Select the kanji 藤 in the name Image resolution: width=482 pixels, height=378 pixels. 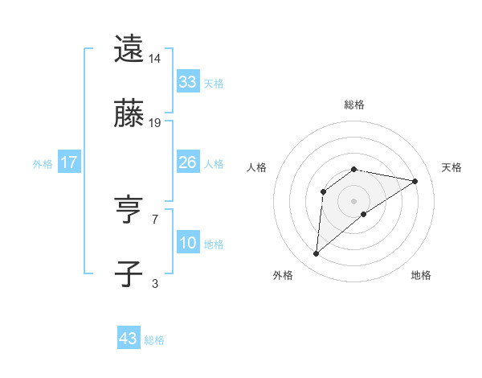(129, 113)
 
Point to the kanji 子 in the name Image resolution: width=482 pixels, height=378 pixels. (129, 273)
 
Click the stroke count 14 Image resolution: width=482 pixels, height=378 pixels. (155, 59)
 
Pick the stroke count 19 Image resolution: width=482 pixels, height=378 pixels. (155, 123)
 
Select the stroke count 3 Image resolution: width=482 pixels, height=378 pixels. (154, 283)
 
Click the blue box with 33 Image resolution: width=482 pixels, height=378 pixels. (187, 82)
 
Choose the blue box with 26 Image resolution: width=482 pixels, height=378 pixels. (187, 162)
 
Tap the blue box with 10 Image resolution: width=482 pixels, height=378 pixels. (187, 243)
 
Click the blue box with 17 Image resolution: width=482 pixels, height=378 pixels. (69, 162)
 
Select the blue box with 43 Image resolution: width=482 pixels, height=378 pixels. (129, 339)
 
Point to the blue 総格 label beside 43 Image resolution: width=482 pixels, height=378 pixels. (154, 340)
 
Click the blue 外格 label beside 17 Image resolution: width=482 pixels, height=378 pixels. (43, 164)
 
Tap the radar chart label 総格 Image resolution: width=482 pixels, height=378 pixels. (353, 105)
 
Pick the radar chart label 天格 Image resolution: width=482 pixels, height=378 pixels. (451, 167)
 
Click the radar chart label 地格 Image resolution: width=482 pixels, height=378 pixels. (421, 275)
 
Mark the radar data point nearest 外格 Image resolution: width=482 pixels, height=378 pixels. (316, 254)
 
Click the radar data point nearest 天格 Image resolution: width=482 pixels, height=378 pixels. (415, 181)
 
